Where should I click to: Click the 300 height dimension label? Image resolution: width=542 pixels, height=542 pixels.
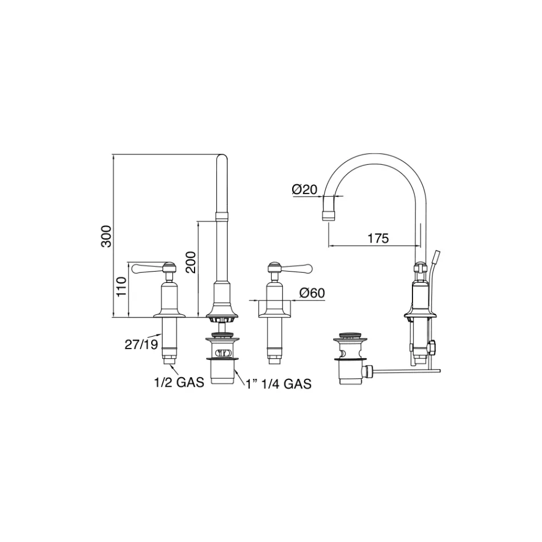[106, 236]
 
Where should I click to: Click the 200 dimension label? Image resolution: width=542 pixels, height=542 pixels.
[191, 262]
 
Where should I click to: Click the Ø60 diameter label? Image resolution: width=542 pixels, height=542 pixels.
[312, 293]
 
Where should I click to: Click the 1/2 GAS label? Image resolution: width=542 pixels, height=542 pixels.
[177, 383]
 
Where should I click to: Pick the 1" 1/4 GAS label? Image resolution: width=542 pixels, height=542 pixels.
[278, 384]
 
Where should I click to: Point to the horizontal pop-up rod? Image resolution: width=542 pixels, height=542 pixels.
[405, 371]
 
